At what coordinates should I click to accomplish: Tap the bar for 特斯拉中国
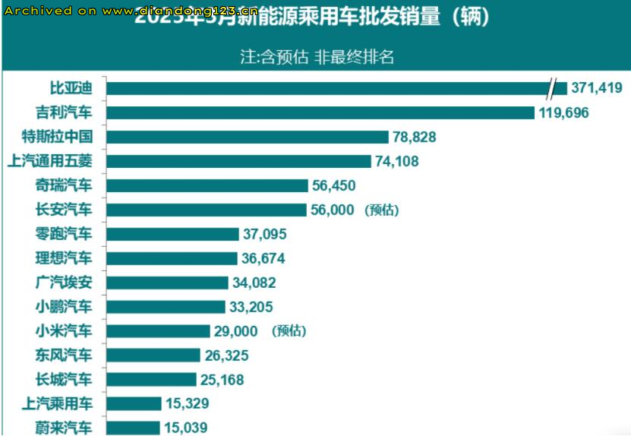(248, 137)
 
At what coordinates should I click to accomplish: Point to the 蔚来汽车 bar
(133, 428)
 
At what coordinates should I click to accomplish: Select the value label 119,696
(564, 113)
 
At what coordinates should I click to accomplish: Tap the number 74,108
(396, 161)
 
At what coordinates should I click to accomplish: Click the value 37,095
(266, 234)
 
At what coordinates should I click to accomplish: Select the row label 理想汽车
(64, 258)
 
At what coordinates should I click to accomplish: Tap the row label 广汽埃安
(64, 283)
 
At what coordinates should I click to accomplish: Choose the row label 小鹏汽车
(64, 307)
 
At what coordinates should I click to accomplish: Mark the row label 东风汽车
(64, 355)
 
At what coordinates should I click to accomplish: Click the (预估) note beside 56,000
(382, 210)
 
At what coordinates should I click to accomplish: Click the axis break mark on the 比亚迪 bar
(554, 88)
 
